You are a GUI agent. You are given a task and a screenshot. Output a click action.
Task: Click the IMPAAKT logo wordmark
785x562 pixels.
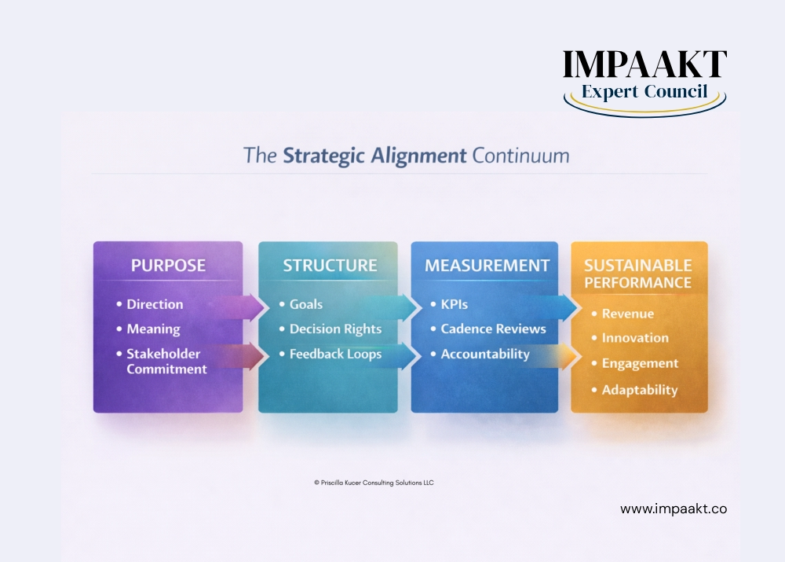[x=644, y=64]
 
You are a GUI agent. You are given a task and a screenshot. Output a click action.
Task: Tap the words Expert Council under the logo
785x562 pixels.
[x=644, y=92]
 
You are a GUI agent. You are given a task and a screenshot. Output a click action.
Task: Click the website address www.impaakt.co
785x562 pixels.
[x=673, y=509]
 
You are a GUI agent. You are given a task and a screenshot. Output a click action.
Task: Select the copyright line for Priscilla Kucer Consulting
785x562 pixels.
[x=374, y=483]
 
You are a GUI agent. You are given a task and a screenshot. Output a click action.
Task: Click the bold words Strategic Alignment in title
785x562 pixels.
[x=374, y=155]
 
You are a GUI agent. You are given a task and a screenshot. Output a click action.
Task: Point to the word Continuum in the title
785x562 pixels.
[x=520, y=155]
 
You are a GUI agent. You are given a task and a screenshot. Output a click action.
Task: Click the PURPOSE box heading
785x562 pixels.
[x=168, y=265]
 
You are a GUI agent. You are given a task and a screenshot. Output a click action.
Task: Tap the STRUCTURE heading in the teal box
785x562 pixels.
[x=330, y=265]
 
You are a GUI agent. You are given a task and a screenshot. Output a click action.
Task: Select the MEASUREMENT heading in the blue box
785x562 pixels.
[x=487, y=266]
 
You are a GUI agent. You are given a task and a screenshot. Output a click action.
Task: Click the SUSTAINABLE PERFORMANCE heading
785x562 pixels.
[x=638, y=273]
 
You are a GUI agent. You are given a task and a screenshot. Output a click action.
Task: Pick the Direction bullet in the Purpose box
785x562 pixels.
[x=155, y=304]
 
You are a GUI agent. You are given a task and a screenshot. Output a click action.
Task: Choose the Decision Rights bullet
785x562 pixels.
[x=335, y=329]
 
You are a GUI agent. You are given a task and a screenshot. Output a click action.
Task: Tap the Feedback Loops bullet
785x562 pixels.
[x=335, y=354]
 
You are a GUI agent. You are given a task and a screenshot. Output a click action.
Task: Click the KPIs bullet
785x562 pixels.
[x=454, y=304]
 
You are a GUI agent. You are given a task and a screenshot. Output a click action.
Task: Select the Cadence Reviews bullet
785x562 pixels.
[x=493, y=329]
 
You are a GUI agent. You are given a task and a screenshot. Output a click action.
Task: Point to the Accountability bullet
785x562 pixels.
[x=485, y=354]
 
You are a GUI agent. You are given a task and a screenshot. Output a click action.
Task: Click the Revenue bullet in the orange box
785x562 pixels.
[x=627, y=314]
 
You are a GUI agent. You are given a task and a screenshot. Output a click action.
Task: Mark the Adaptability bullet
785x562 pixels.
[x=639, y=390]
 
